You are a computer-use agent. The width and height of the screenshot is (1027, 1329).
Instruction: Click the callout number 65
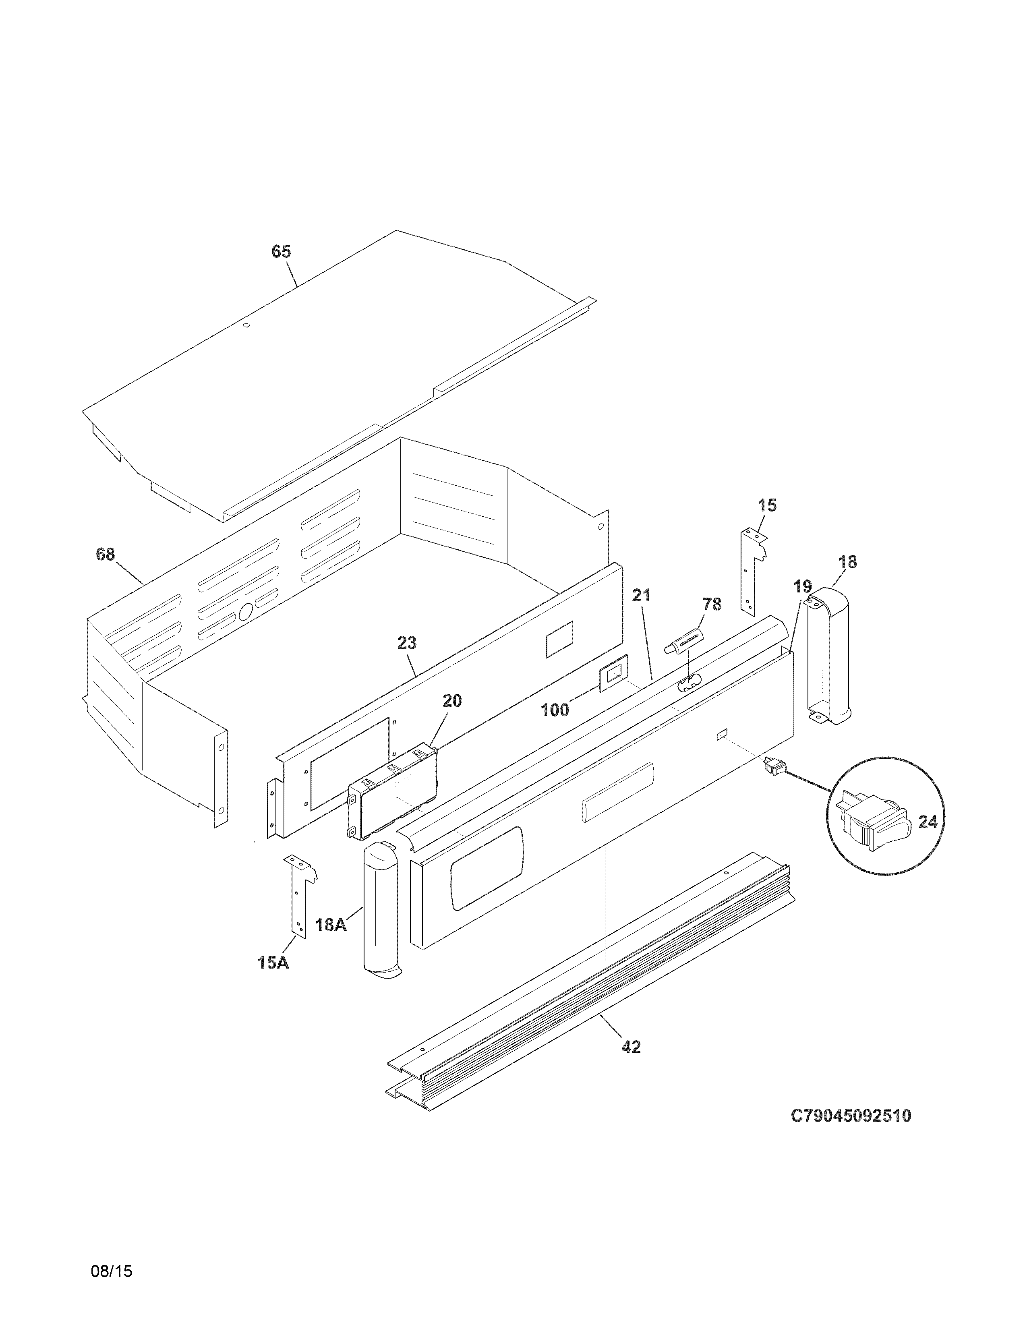click(281, 251)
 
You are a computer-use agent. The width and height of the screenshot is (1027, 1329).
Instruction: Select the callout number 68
click(105, 555)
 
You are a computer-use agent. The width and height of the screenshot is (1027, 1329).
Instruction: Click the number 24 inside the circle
click(927, 822)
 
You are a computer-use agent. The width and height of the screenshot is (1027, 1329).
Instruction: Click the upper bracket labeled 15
click(750, 569)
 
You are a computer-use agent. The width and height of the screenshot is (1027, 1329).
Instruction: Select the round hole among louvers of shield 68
click(245, 612)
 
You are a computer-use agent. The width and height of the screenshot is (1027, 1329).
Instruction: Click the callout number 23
click(407, 643)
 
